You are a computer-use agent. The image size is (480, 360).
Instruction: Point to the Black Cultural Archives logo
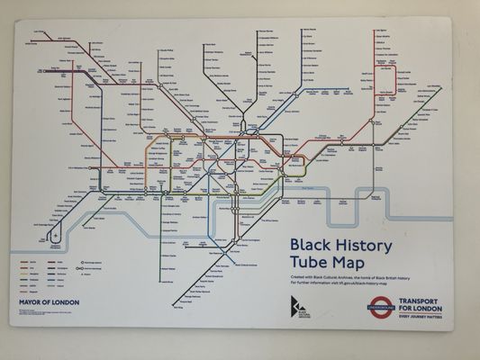point(299,306)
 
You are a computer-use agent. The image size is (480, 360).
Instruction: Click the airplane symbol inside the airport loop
point(56,236)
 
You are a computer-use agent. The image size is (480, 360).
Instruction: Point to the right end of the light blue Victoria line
point(349,89)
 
